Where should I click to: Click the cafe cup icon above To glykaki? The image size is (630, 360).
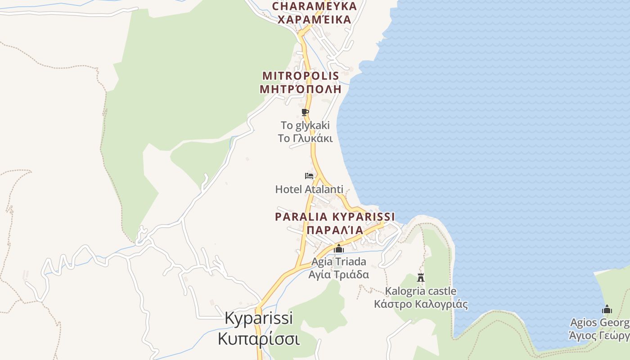pos(305,112)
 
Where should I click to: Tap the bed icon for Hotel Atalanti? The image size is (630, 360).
pos(309,176)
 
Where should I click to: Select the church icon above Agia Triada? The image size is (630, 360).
pos(339,248)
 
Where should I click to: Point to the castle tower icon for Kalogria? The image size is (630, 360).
pos(421,278)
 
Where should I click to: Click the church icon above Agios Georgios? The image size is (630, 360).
pos(607,309)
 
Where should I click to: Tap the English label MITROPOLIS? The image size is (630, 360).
pos(301,76)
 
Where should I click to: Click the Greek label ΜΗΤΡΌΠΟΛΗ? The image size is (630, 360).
pos(301,89)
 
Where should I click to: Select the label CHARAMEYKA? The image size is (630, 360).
pos(315,6)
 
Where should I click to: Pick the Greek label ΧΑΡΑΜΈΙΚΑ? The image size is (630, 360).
pos(315,19)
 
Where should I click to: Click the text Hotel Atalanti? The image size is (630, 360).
pos(309,189)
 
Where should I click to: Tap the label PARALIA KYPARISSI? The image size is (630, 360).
pos(335,217)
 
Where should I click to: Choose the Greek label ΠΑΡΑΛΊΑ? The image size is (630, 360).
pos(335,230)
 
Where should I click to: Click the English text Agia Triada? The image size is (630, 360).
pos(339,261)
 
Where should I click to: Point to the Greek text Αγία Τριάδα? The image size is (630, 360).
pos(339,274)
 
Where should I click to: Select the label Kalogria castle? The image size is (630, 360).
pos(421,291)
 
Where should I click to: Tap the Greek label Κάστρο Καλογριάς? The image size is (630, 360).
pos(421,304)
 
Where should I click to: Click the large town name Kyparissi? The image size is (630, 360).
pos(259,318)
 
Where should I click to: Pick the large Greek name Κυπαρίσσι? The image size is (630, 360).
pos(259,338)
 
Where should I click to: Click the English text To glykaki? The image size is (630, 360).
pos(305,125)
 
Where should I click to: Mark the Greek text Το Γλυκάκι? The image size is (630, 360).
pos(305,138)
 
